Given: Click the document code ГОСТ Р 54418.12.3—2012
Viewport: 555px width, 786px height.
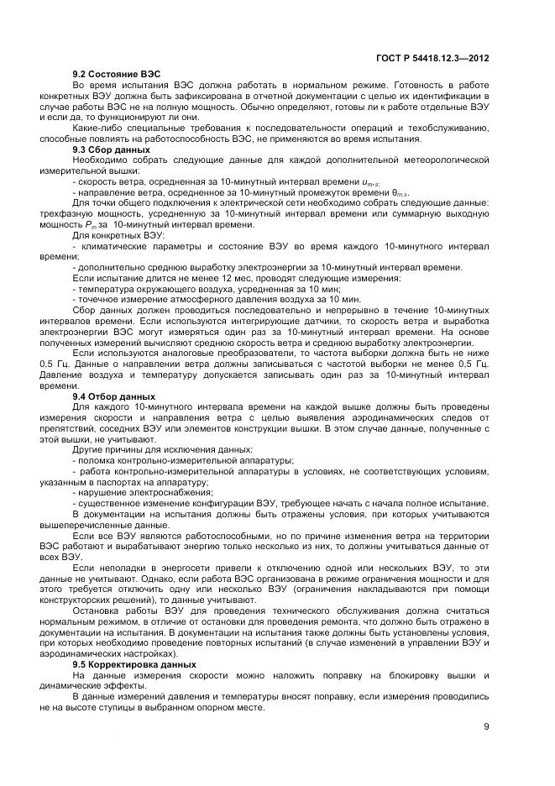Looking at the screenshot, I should (433, 59).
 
